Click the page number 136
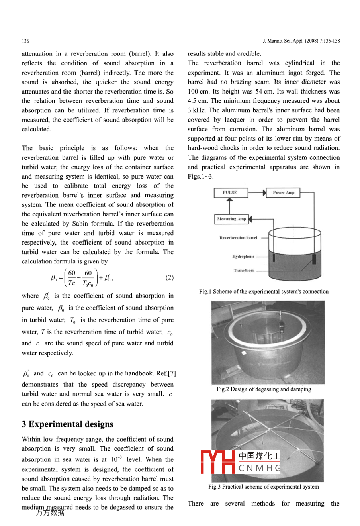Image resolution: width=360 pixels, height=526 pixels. click(25, 41)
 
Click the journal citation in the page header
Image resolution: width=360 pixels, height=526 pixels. click(301, 41)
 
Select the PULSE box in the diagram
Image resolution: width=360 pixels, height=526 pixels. click(230, 193)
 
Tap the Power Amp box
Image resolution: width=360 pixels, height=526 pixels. click(283, 193)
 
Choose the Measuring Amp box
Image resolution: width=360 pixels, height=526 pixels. click(231, 219)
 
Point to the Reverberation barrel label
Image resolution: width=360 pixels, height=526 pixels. click(238, 238)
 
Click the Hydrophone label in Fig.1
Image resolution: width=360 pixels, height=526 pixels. click(243, 257)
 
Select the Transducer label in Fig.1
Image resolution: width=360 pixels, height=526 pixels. click(243, 270)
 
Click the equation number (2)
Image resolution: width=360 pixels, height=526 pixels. click(169, 277)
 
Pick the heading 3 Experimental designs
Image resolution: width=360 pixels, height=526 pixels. click(67, 424)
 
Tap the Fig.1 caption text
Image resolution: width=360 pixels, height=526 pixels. click(264, 292)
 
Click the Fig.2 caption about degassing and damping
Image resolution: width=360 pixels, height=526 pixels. click(264, 389)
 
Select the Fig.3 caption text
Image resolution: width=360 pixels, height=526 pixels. click(263, 487)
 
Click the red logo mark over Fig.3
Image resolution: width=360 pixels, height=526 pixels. click(217, 462)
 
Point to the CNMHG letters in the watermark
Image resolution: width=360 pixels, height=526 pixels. click(260, 468)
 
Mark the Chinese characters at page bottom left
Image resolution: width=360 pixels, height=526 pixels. click(50, 513)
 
